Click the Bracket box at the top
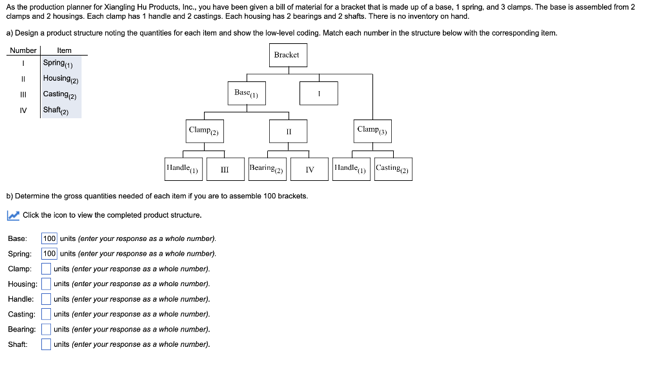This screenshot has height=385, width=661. (x=286, y=55)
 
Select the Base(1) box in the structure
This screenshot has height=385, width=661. (x=246, y=93)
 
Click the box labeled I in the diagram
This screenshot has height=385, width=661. (x=319, y=93)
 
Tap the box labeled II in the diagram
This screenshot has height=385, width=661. (x=289, y=131)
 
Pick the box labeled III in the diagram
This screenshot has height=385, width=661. (x=225, y=169)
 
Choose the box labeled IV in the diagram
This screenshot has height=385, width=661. (x=310, y=169)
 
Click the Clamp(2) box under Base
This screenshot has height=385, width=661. (x=204, y=130)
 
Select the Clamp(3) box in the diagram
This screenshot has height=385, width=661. (x=372, y=130)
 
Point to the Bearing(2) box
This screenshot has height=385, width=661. (x=267, y=169)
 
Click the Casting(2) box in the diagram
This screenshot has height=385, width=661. (x=392, y=169)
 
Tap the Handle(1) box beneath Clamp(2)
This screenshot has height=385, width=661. (x=184, y=169)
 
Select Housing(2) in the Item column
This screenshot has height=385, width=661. (x=61, y=79)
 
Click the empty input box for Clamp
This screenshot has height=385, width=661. (x=46, y=269)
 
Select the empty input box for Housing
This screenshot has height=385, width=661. (x=46, y=284)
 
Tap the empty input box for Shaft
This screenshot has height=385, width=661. (x=46, y=344)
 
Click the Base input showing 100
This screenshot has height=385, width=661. (x=50, y=238)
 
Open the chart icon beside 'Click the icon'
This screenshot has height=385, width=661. (x=13, y=215)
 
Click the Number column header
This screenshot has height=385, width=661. (x=23, y=50)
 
